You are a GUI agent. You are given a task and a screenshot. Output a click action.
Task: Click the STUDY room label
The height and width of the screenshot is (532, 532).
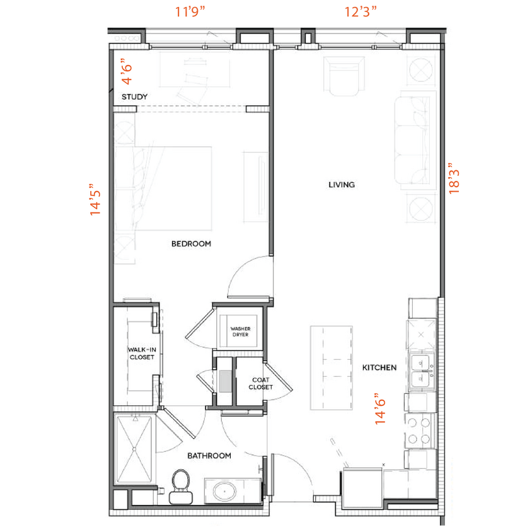[135, 97]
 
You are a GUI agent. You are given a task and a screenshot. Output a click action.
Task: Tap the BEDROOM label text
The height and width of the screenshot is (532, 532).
[191, 243]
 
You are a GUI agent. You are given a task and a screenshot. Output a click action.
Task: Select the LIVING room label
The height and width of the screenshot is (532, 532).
[342, 185]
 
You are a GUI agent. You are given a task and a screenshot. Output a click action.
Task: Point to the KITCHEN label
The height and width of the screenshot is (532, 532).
[379, 367]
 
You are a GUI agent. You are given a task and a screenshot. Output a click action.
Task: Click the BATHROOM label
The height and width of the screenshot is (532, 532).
[209, 455]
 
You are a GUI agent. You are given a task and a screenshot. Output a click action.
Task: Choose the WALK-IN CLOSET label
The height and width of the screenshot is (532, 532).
[142, 353]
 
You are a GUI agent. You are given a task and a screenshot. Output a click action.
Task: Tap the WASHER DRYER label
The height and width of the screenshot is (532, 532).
[240, 332]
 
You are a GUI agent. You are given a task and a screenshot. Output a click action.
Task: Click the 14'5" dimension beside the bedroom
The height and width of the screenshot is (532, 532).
[96, 200]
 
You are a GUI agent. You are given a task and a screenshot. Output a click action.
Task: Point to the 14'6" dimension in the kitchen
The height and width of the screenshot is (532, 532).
[381, 409]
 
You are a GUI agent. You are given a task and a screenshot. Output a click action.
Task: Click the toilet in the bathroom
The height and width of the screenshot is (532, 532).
[180, 487]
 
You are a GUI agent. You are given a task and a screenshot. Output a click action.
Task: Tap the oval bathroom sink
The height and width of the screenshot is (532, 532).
[223, 490]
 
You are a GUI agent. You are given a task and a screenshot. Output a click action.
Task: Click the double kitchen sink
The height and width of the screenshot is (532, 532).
[420, 371]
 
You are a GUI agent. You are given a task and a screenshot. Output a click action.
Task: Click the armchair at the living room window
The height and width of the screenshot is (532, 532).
[343, 76]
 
